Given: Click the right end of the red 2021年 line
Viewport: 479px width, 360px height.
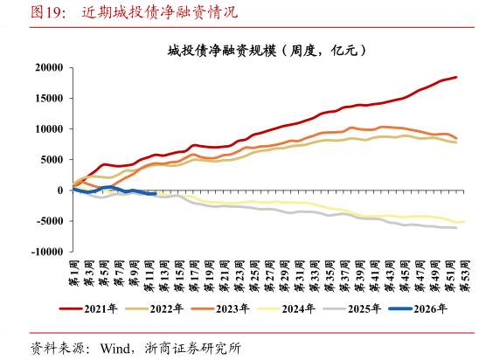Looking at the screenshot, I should tap(456, 77).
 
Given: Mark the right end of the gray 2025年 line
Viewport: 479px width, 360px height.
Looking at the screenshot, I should tap(456, 228).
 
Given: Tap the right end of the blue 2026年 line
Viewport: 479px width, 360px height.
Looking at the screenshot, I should tap(155, 194).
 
